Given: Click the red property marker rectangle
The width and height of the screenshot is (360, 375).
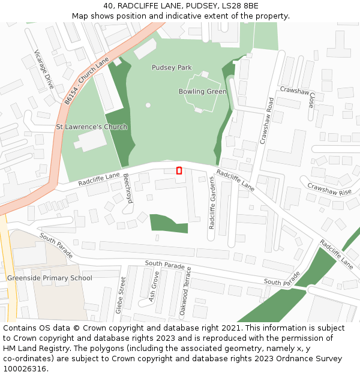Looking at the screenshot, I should pos(179,171).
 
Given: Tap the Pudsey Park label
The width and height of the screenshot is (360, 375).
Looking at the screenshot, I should pos(172,68).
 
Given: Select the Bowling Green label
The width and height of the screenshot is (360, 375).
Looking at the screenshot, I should pos(202,92).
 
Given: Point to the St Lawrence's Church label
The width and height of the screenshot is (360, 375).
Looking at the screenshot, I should pos(92,127).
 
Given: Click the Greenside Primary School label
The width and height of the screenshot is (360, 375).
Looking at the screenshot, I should pos(50,278).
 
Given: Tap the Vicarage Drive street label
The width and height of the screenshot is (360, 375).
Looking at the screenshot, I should pos(44,69).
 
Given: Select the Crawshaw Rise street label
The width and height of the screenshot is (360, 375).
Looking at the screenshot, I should pos(329,190).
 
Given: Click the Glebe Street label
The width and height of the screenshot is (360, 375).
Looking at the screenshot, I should pos(120,295).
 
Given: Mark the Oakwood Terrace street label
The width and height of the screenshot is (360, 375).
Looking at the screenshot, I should pos(185,292).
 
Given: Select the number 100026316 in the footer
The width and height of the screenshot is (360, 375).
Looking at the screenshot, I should pos(24,369).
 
